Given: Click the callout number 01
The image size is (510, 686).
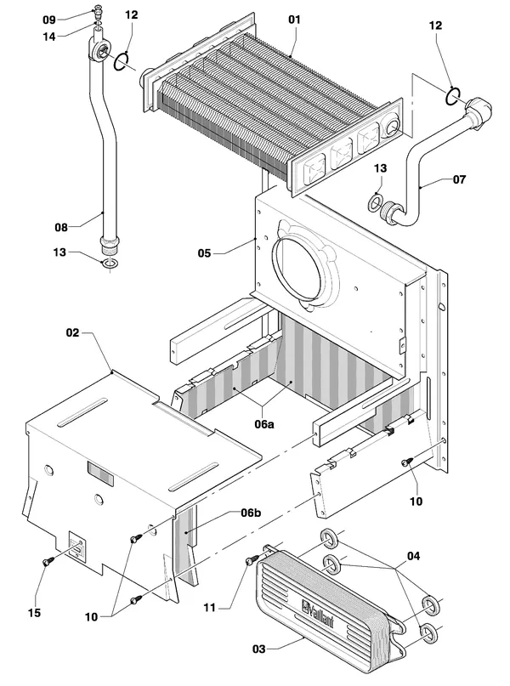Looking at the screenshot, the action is (294, 20).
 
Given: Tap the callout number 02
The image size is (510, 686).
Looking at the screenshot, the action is (72, 333).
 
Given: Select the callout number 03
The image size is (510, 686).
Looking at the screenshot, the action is (259, 649).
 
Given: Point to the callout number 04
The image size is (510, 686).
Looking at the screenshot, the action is (413, 556).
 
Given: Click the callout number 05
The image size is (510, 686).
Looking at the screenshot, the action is (204, 253).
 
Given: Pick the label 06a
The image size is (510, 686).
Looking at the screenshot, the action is (264, 424).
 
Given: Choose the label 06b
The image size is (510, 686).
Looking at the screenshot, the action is (251, 513).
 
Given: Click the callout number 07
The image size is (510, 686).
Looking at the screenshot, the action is (459, 179).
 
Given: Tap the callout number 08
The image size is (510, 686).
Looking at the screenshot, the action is (61, 228).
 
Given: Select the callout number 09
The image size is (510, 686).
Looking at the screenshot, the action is (49, 20).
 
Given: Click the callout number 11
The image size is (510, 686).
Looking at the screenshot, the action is (210, 608).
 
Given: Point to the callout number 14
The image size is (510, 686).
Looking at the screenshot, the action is (49, 37).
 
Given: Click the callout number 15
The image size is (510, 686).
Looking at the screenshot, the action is (34, 613).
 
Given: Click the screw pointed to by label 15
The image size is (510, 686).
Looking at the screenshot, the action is (48, 560).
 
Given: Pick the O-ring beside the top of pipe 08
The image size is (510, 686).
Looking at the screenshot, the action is (122, 61).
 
